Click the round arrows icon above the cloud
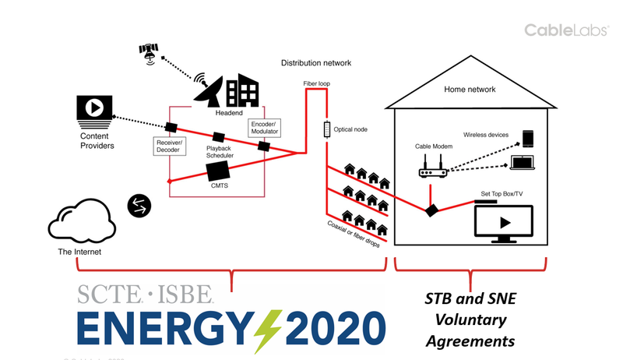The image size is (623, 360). pyautogui.click(x=140, y=206)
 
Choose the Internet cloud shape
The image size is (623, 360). pyautogui.click(x=78, y=224)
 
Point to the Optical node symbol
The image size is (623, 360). pyautogui.click(x=326, y=129)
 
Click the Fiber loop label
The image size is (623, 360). pyautogui.click(x=316, y=82)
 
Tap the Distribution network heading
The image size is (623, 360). pyautogui.click(x=316, y=62)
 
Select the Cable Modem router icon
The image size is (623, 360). pyautogui.click(x=428, y=163)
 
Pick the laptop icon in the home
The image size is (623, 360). pyautogui.click(x=523, y=163)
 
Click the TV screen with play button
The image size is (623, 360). pyautogui.click(x=504, y=223)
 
